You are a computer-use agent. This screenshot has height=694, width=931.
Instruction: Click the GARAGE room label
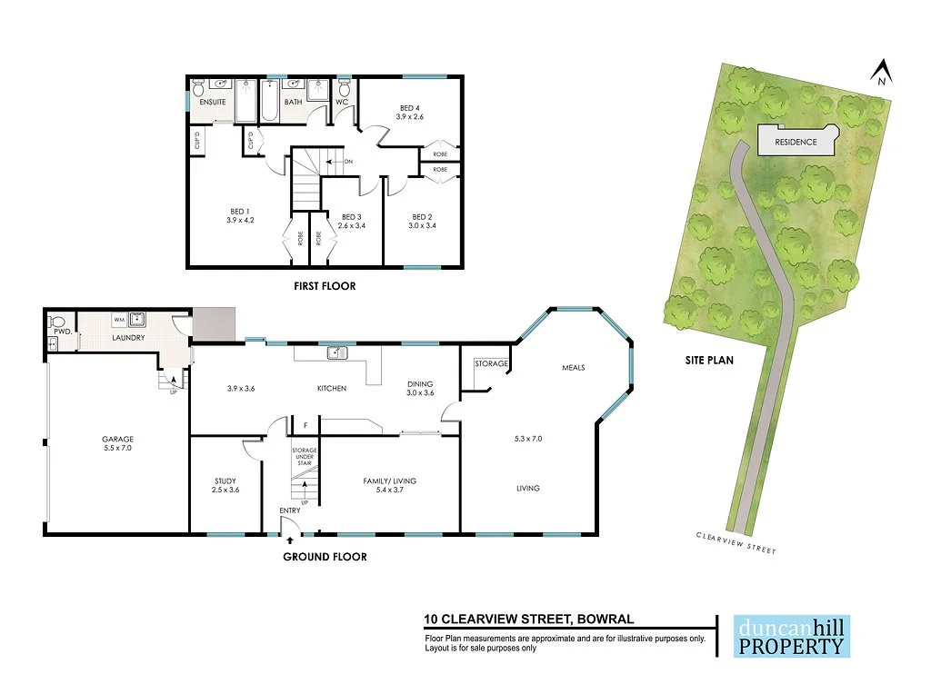tap(118, 439)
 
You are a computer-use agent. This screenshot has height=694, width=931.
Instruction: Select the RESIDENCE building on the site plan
tap(795, 142)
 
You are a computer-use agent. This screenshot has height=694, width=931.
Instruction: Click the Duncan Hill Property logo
tap(791, 636)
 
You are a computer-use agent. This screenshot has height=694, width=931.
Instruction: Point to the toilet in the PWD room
tap(57, 322)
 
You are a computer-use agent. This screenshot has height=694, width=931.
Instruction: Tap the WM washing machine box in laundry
tap(119, 320)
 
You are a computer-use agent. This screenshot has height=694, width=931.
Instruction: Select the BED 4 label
tap(410, 107)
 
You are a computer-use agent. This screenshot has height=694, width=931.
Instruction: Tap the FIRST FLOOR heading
tap(324, 286)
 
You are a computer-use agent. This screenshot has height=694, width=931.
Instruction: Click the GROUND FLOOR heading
tap(325, 557)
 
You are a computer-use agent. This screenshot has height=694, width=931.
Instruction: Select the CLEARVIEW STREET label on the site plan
tap(736, 543)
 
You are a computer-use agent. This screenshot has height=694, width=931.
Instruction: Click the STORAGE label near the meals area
tap(491, 363)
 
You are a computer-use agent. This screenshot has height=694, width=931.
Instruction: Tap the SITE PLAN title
tap(709, 360)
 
